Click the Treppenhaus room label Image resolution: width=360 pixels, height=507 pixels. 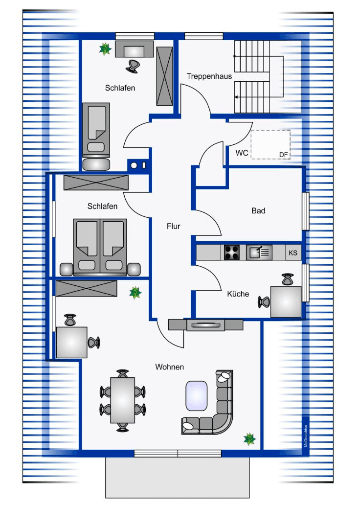pos(209,76)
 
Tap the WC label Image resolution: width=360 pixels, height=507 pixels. pos(242,153)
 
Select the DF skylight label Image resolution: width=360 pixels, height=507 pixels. pos(284,155)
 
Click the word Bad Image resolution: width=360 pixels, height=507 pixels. pos(258,211)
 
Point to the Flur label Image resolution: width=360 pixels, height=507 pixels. pos(173,226)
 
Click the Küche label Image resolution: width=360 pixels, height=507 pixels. pos(238,294)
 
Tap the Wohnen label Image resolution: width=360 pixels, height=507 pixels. pos(169,367)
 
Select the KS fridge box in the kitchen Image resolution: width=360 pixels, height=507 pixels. pos(293,253)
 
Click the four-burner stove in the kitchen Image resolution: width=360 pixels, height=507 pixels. pos(232,253)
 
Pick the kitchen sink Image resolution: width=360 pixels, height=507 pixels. pos(259,253)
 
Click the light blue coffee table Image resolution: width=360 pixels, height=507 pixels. pos(196,395)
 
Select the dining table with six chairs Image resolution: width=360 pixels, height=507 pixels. pos(122,400)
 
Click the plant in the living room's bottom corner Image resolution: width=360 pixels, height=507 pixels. pos(250,438)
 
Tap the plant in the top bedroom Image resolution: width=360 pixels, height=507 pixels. pos(105,48)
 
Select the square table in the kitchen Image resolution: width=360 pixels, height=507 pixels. pos(286,301)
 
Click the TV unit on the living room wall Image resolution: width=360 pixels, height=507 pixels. pos(205,324)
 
